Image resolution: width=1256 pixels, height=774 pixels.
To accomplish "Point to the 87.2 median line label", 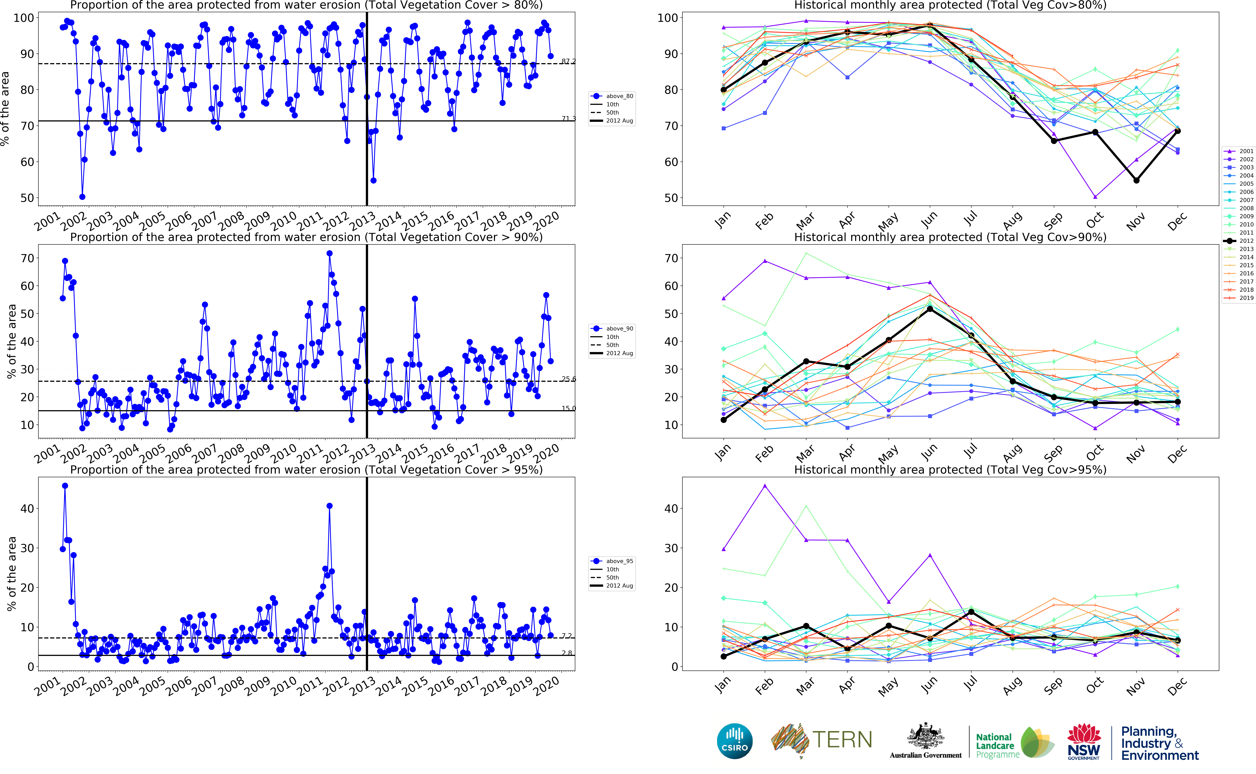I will [x=568, y=61].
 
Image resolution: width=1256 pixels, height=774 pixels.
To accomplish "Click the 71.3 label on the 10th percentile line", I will [x=568, y=119].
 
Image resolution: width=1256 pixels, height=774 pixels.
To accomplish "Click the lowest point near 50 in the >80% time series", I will [x=82, y=197].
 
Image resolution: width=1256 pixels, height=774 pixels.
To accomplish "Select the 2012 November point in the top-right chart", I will [x=1136, y=180].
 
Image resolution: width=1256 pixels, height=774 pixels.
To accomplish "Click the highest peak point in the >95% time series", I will [x=65, y=486].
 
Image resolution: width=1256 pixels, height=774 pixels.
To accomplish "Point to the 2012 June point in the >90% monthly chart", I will [x=930, y=309].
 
